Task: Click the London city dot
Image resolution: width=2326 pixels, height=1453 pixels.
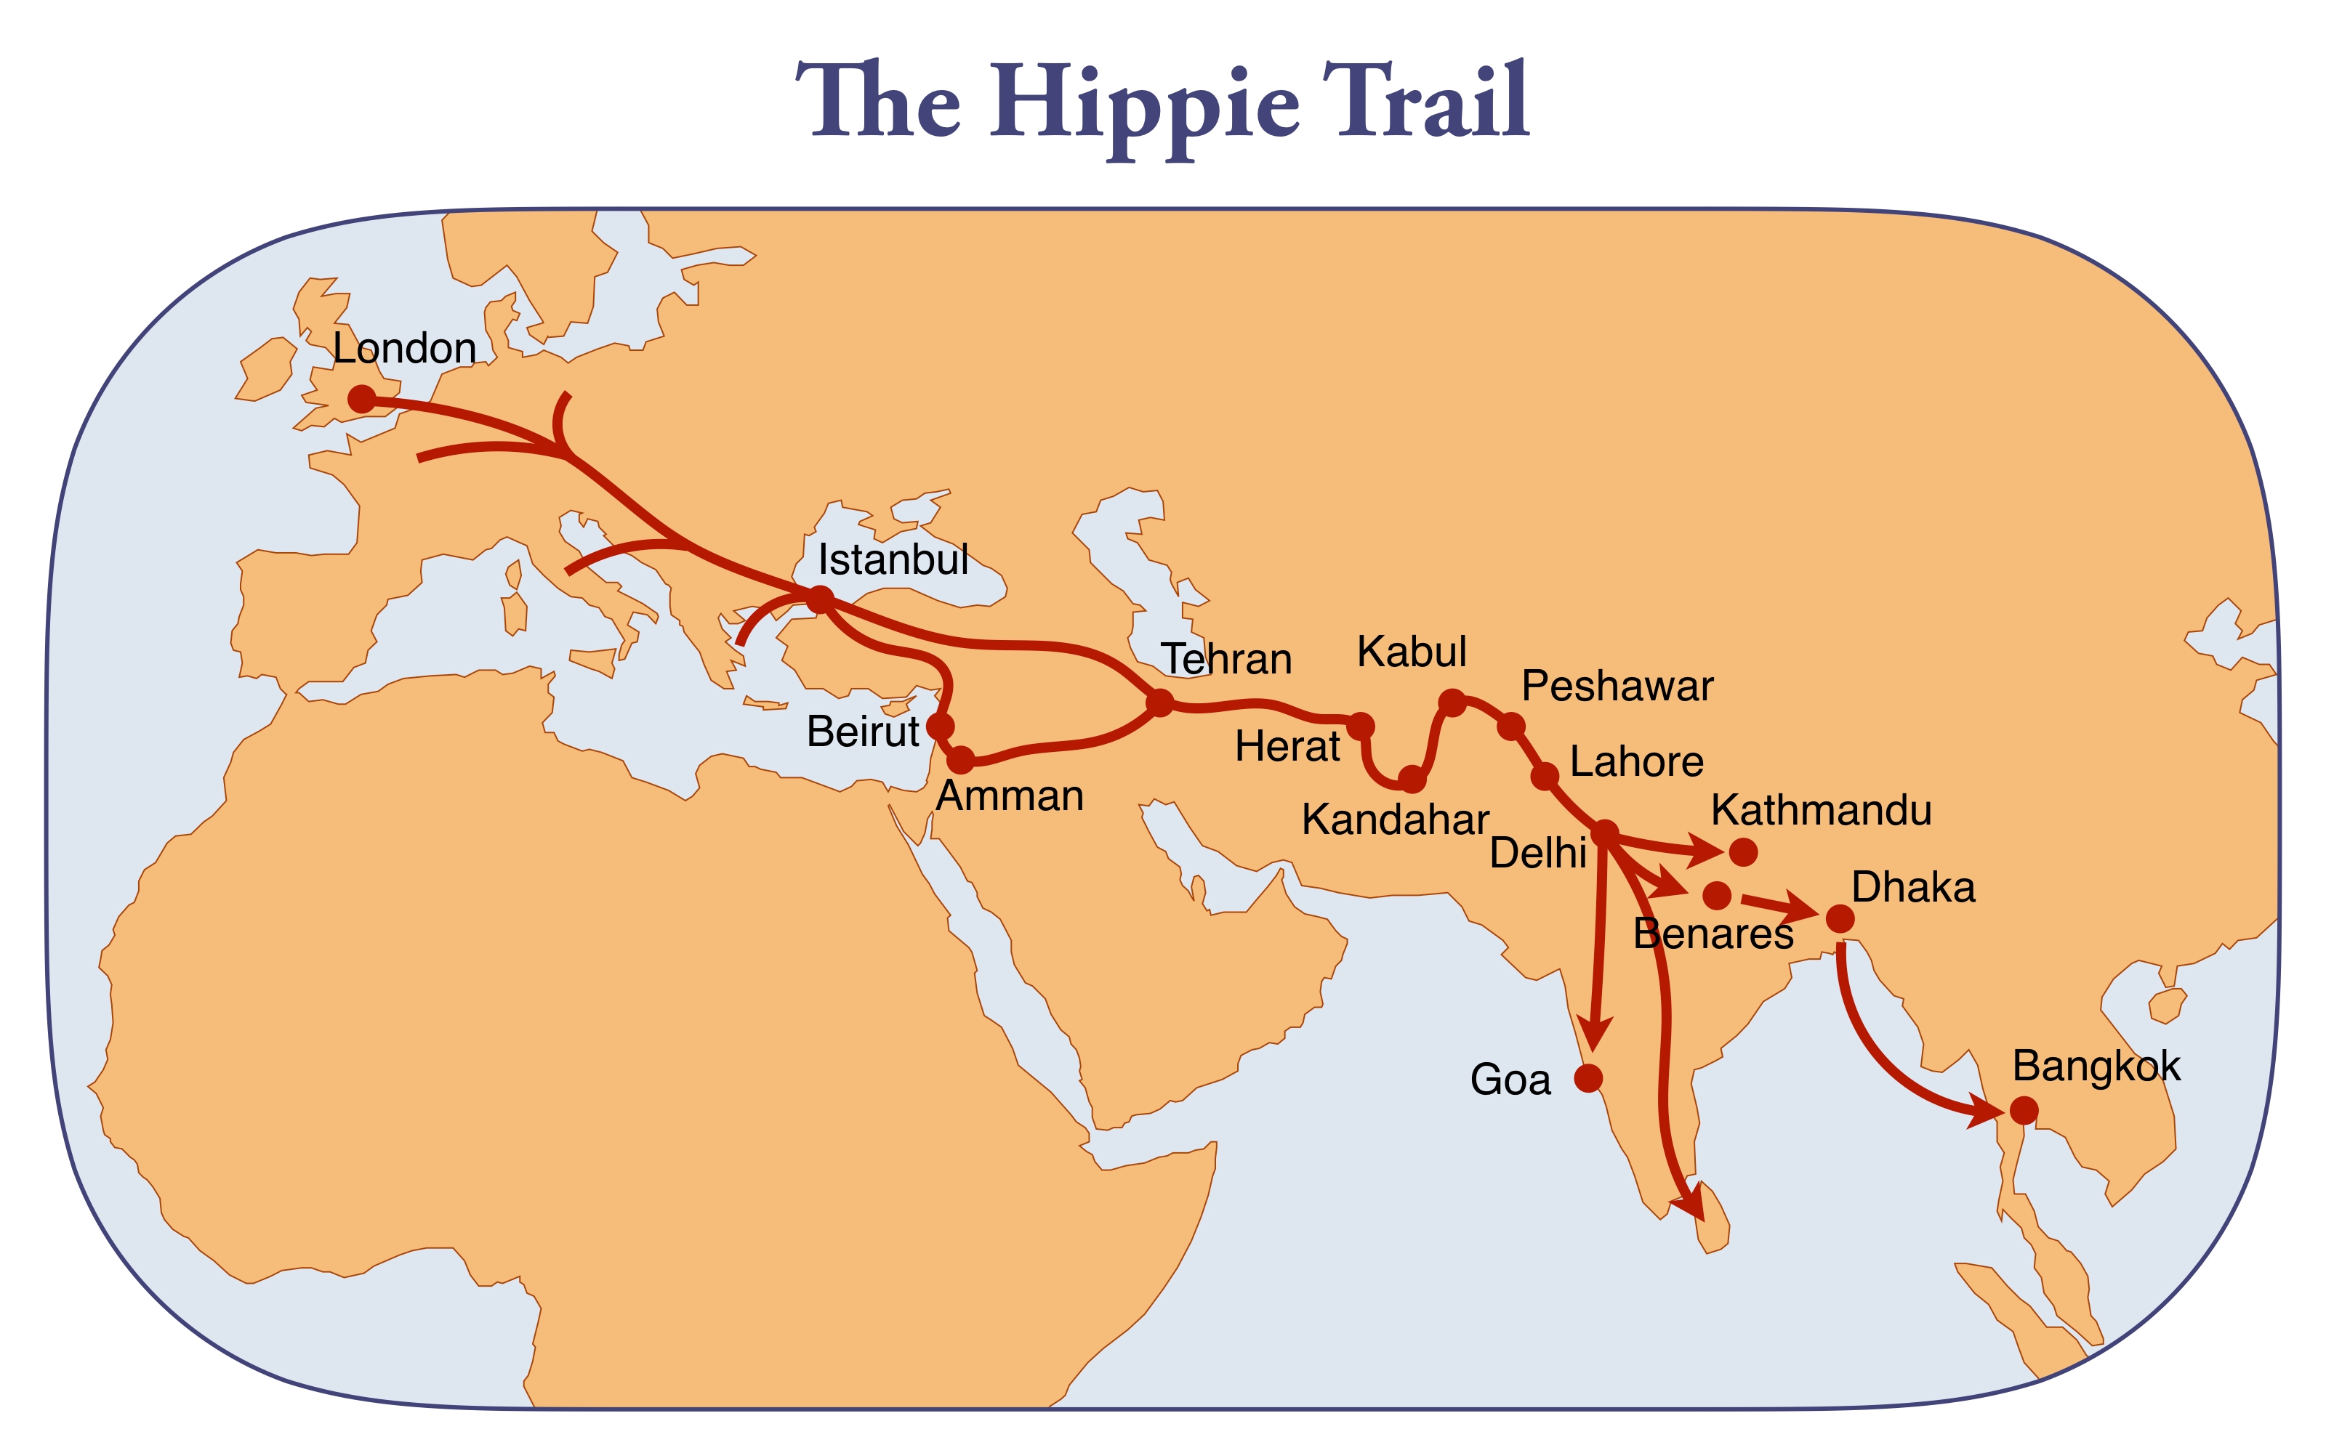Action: (361, 399)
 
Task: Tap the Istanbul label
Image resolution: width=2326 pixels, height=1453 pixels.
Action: (893, 559)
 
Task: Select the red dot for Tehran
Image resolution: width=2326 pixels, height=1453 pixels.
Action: (1160, 703)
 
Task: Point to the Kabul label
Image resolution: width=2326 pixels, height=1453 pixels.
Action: (1411, 652)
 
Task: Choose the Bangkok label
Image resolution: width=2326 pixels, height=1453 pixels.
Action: (2096, 1067)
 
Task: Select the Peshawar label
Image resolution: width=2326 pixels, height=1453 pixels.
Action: (1617, 686)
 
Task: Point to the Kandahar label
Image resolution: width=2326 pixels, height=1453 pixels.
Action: (1395, 819)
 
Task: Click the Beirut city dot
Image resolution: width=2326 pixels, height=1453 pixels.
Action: (940, 726)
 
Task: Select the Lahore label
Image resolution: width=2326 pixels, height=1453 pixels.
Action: (1636, 762)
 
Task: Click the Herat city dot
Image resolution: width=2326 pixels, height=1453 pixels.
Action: (1361, 726)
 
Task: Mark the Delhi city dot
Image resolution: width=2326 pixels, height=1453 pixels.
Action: (1605, 834)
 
